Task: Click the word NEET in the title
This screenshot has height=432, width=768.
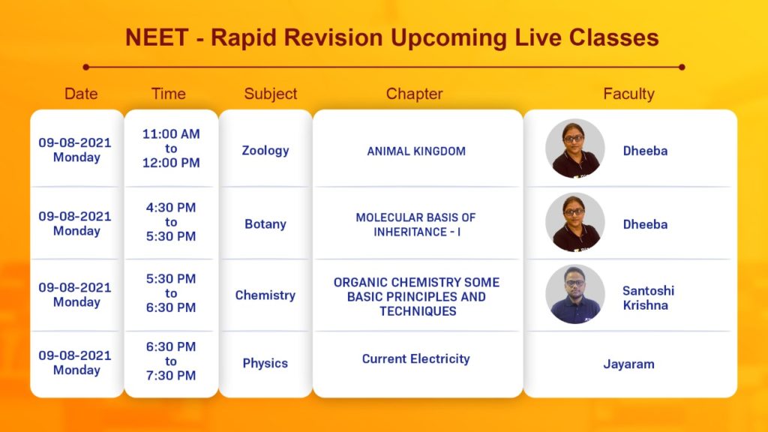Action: [157, 37]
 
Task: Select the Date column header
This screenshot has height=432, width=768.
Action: [81, 94]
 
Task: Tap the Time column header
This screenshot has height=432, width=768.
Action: [169, 94]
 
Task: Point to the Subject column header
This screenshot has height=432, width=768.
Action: [270, 94]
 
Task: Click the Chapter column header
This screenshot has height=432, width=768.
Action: [414, 94]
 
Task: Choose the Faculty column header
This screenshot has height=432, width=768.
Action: [629, 94]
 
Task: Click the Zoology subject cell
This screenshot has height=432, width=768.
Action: [265, 150]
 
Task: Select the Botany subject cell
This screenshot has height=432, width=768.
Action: [265, 223]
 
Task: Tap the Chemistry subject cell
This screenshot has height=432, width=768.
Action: [265, 295]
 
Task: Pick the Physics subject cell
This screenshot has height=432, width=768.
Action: [265, 363]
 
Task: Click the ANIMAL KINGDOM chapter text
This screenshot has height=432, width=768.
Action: [416, 151]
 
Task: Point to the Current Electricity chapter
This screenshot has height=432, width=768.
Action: [415, 358]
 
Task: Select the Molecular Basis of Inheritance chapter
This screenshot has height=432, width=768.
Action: [415, 224]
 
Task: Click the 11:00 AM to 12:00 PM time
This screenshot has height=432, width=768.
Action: [171, 148]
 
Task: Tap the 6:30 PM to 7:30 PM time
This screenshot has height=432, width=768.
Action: [171, 361]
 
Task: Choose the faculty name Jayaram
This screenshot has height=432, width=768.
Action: [629, 364]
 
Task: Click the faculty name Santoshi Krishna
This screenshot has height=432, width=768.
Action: [649, 298]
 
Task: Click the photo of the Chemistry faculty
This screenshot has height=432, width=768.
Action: [575, 294]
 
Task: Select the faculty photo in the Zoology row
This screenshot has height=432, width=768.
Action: [575, 148]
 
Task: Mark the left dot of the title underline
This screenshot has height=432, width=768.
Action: [86, 67]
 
